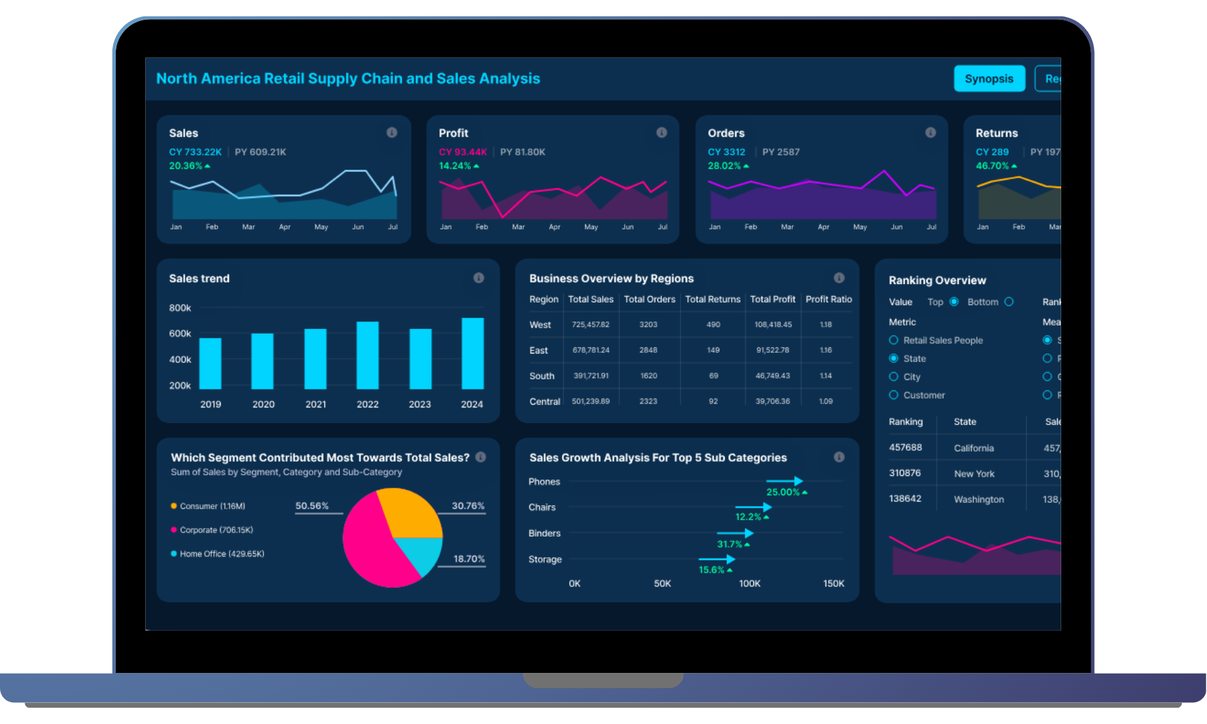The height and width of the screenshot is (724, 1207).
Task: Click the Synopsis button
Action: [988, 79]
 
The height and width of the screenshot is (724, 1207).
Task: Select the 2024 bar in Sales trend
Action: [472, 353]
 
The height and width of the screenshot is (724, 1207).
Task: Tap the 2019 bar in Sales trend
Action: [210, 363]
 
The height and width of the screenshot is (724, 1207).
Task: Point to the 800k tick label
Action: [180, 308]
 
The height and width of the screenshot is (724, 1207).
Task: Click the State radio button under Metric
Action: [894, 358]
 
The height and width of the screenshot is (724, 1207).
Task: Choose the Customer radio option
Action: [894, 395]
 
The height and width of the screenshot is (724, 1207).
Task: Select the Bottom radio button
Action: [1009, 302]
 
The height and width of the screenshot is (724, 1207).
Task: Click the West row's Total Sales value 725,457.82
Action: [591, 325]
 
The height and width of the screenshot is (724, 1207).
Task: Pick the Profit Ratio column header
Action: [828, 299]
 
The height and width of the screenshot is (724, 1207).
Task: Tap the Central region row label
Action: [544, 402]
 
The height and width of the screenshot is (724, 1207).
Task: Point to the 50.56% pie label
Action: [312, 506]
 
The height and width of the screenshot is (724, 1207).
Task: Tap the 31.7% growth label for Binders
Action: [730, 544]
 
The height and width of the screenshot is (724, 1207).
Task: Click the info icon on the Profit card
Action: [661, 133]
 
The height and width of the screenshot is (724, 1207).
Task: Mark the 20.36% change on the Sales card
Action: [186, 166]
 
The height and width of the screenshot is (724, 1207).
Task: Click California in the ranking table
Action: [973, 448]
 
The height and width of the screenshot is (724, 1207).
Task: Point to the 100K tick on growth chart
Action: [749, 584]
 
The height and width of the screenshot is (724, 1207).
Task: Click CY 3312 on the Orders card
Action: [726, 152]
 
